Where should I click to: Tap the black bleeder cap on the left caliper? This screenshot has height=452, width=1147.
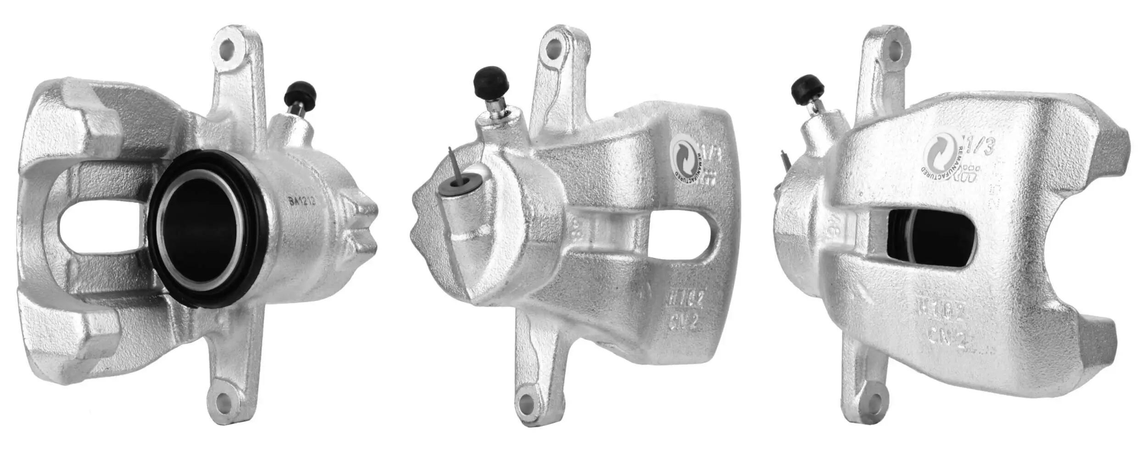[x=301, y=95]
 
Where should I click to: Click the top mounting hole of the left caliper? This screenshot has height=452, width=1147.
[x=228, y=49]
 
